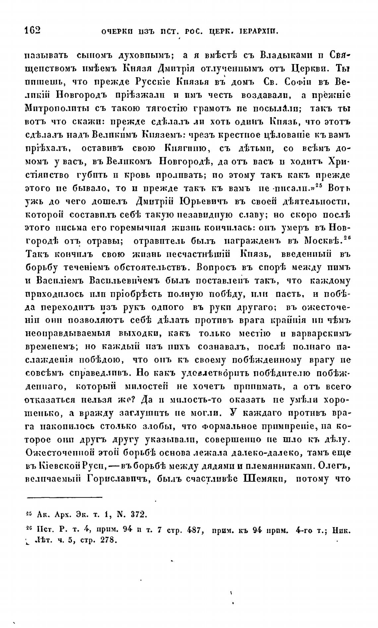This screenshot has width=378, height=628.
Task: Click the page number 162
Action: (x=32, y=30)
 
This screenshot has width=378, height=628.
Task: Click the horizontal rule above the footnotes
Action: (x=64, y=497)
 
